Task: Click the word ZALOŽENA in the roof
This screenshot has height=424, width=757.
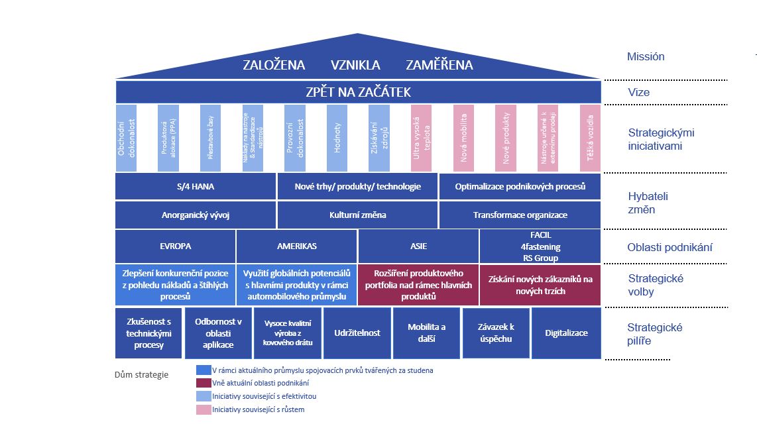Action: point(274,65)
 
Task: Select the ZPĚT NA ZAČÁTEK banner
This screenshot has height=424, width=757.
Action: point(358,92)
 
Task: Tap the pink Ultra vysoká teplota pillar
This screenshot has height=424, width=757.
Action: point(421,138)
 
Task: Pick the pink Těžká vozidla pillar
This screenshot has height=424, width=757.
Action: point(590,138)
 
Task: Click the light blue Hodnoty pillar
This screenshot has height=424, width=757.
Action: point(337,138)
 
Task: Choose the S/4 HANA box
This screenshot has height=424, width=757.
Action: point(196,187)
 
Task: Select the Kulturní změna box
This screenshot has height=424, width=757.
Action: point(357,215)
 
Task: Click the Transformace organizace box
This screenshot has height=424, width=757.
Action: point(520,215)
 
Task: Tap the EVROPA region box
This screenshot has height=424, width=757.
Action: point(175,246)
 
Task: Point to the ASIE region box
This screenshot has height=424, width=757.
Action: point(418,246)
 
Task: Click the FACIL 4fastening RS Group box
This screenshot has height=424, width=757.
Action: point(540,246)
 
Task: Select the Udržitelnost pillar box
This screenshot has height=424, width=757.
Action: point(357,333)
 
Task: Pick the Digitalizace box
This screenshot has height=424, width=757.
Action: point(566,333)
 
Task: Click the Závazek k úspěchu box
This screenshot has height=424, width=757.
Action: point(496,333)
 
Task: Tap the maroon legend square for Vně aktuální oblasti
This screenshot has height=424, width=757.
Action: point(204,383)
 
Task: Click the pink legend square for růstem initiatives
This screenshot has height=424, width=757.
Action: point(204,409)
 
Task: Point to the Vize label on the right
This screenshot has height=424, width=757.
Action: point(638,93)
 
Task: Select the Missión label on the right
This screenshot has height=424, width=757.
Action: point(646,57)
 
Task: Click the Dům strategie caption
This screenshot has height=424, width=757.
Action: point(142,375)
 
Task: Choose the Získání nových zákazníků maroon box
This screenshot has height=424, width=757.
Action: point(540,286)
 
